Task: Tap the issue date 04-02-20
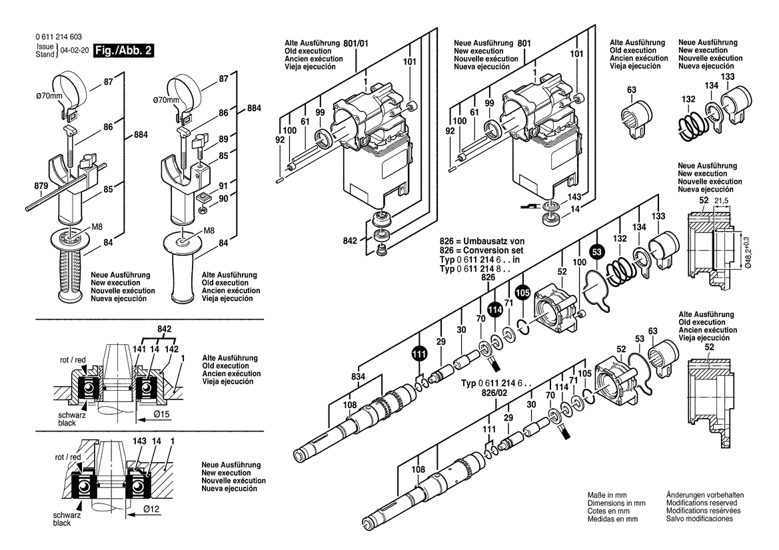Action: click(x=74, y=51)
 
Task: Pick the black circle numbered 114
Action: click(x=494, y=310)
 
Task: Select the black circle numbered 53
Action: click(x=597, y=251)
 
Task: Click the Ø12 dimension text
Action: click(x=151, y=509)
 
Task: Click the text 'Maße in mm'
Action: click(x=606, y=495)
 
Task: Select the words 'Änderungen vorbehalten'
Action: click(x=705, y=495)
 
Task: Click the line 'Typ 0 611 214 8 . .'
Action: click(x=478, y=268)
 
